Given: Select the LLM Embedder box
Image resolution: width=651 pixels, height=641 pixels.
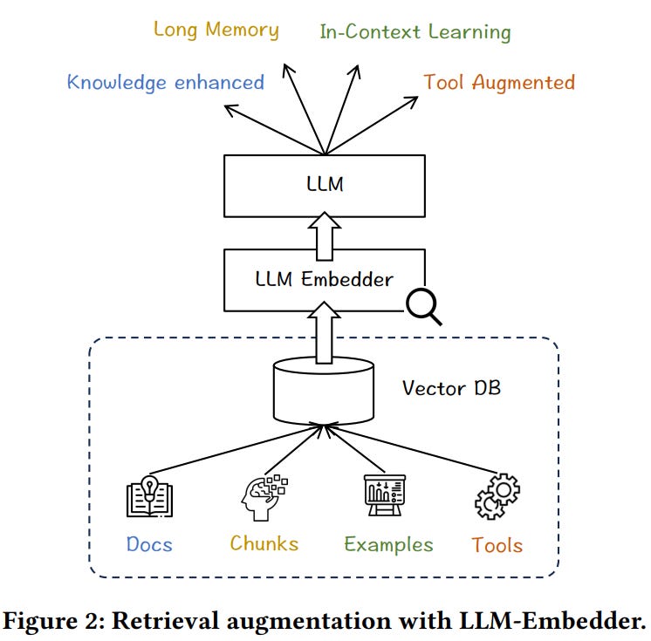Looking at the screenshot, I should point(324,280).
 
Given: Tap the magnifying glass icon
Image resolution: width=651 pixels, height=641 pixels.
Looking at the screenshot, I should point(423,305).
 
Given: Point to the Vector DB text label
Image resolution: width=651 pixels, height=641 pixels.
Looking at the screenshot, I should point(450,387).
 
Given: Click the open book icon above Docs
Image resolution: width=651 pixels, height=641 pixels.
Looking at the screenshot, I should point(149,496).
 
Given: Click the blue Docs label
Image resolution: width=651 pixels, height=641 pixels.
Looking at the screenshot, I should point(149,545).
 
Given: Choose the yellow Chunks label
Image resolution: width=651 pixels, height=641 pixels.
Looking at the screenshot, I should point(264,544).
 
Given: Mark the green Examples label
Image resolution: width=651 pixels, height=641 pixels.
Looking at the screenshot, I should point(388,545).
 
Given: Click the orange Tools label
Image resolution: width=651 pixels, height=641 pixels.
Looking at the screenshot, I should point(497,545).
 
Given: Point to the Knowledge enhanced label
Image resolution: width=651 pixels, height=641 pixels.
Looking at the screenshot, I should point(165,83).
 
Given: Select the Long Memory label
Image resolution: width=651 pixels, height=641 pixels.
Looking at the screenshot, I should point(216,30).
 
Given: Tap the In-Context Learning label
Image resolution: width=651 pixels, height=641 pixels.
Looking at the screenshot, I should point(415,33).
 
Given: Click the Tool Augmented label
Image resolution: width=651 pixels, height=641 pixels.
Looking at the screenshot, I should point(499,83).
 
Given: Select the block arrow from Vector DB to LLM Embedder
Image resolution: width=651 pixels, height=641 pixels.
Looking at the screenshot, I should point(325,336).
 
